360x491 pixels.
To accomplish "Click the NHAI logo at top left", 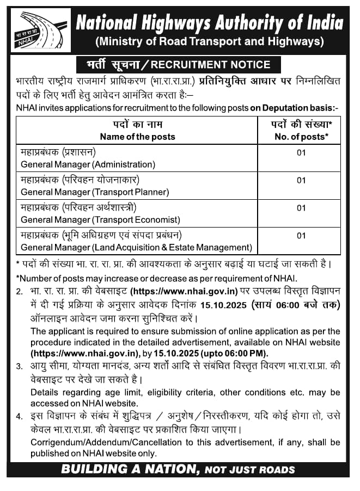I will (41, 31).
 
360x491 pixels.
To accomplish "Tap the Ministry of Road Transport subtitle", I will (209, 41).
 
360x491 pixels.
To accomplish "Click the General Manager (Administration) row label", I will (88, 163).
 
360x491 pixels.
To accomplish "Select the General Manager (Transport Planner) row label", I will (95, 192).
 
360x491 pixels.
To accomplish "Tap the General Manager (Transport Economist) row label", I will (100, 219).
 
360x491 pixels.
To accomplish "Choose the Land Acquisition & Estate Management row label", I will (136, 247).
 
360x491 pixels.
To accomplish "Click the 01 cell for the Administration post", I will (301, 152).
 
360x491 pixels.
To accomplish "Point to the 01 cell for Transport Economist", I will (301, 208).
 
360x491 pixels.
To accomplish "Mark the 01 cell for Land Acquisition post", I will (301, 236).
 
